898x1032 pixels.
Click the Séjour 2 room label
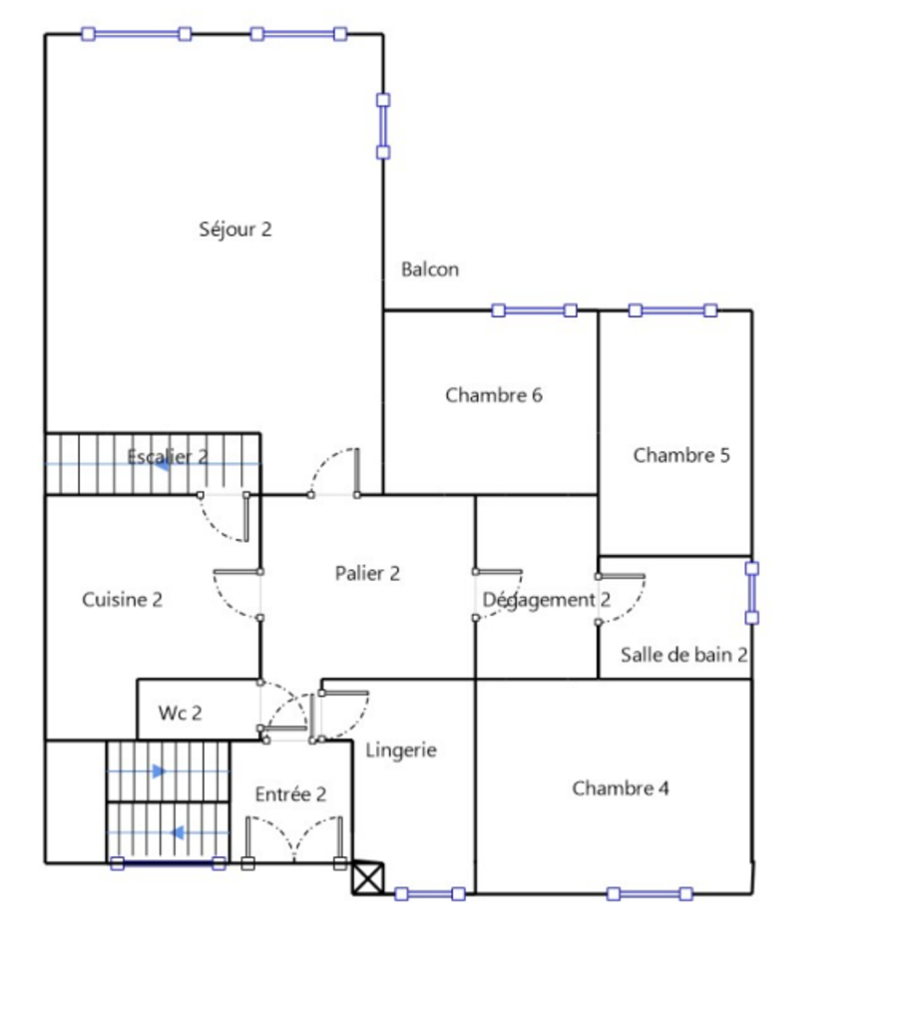(x=234, y=229)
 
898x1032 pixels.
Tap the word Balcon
(x=430, y=269)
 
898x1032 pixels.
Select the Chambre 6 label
(x=494, y=395)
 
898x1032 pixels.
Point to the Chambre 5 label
(x=681, y=455)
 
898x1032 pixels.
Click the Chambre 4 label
(x=621, y=787)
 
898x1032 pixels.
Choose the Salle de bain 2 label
(x=683, y=655)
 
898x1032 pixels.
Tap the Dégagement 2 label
(x=546, y=600)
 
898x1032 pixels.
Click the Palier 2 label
(x=367, y=573)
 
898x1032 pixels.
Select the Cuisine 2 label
(x=122, y=600)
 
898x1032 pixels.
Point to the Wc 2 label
(x=180, y=713)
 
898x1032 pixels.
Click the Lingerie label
(x=401, y=751)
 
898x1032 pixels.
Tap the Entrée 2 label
(x=290, y=794)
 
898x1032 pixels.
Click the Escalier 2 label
(x=167, y=456)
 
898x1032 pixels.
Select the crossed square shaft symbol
(x=368, y=878)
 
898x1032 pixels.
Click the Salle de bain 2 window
(x=752, y=593)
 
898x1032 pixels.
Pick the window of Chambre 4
(x=650, y=894)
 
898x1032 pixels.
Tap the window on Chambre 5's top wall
(x=673, y=310)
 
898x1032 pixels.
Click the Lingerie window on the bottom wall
(x=430, y=894)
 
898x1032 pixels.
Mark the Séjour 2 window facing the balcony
(x=383, y=127)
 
